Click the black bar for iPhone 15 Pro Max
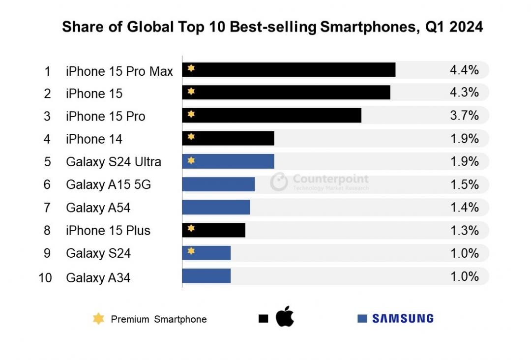coord(289,70)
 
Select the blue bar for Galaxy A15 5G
coord(218,184)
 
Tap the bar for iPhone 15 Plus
coord(214,230)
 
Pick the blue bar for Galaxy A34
coord(206,276)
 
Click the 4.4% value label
coord(464,70)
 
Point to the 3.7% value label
coord(464,116)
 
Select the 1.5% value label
coord(464,184)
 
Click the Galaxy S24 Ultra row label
coord(114,162)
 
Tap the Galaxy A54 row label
coord(98,208)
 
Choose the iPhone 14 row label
coord(94,139)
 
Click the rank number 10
coord(45,278)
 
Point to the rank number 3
coord(47,116)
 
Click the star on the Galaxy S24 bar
coord(191,251)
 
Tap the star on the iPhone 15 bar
coord(191,91)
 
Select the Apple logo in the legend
coord(285,316)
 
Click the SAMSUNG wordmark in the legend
coord(403,319)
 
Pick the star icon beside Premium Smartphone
coord(99,319)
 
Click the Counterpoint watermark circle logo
coord(279,181)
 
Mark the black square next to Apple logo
coord(263,319)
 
